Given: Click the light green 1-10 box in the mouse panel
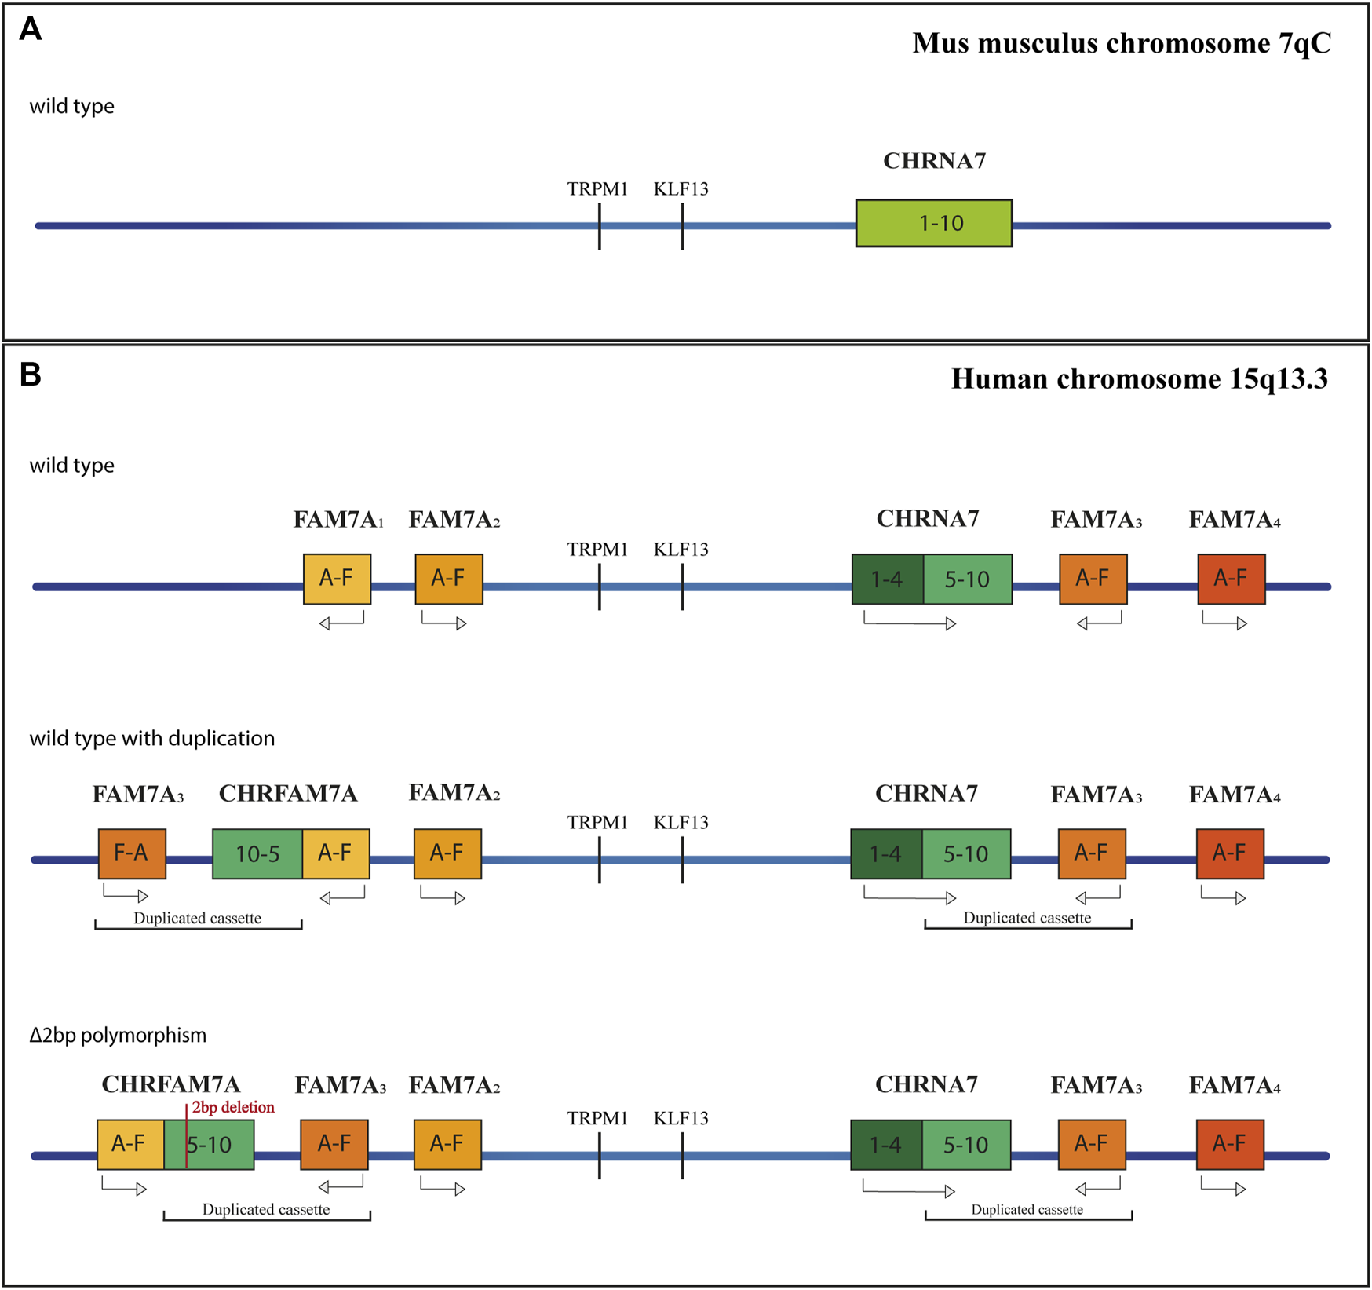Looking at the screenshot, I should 933,224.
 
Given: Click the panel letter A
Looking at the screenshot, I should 30,30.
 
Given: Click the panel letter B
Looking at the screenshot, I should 30,375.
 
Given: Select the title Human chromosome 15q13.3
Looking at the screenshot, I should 1139,379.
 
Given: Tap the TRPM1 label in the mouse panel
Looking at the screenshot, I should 597,189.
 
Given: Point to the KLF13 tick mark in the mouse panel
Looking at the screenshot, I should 682,226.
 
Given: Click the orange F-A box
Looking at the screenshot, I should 132,853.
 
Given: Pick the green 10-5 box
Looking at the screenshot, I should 257,853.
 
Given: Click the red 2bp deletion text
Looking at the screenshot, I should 233,1108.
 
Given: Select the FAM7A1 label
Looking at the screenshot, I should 338,520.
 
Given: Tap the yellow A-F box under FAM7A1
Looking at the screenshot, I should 337,579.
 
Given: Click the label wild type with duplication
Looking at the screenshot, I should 152,739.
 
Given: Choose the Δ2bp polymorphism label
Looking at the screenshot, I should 118,1036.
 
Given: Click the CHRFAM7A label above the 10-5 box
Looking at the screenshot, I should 287,795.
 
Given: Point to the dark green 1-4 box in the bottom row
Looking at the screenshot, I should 885,1146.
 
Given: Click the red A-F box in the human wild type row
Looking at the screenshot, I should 1231,579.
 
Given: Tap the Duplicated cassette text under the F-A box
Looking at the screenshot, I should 197,919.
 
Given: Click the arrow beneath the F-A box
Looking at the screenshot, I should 126,894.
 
